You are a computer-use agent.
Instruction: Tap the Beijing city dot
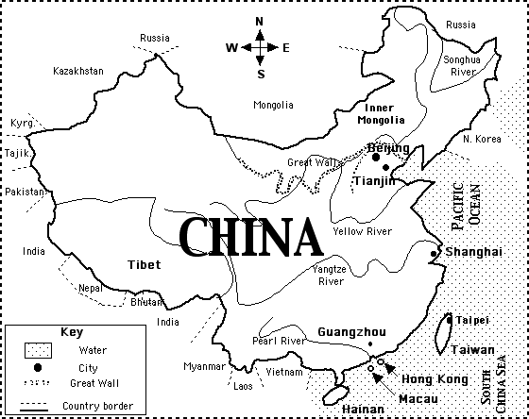(x=375, y=158)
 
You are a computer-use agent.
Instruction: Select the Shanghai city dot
(x=433, y=253)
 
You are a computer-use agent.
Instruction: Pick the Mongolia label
(x=274, y=105)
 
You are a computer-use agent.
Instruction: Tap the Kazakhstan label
(x=77, y=71)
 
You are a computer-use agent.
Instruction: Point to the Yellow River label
(x=361, y=231)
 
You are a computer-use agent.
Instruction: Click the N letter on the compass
(x=259, y=23)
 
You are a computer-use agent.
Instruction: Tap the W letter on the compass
(x=230, y=47)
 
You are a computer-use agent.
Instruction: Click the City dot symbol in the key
(x=37, y=367)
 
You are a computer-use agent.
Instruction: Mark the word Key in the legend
(x=72, y=332)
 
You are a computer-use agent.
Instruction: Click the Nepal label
(x=90, y=287)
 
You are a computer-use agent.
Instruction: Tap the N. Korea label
(x=482, y=139)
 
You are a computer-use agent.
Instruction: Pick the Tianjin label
(x=374, y=180)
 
